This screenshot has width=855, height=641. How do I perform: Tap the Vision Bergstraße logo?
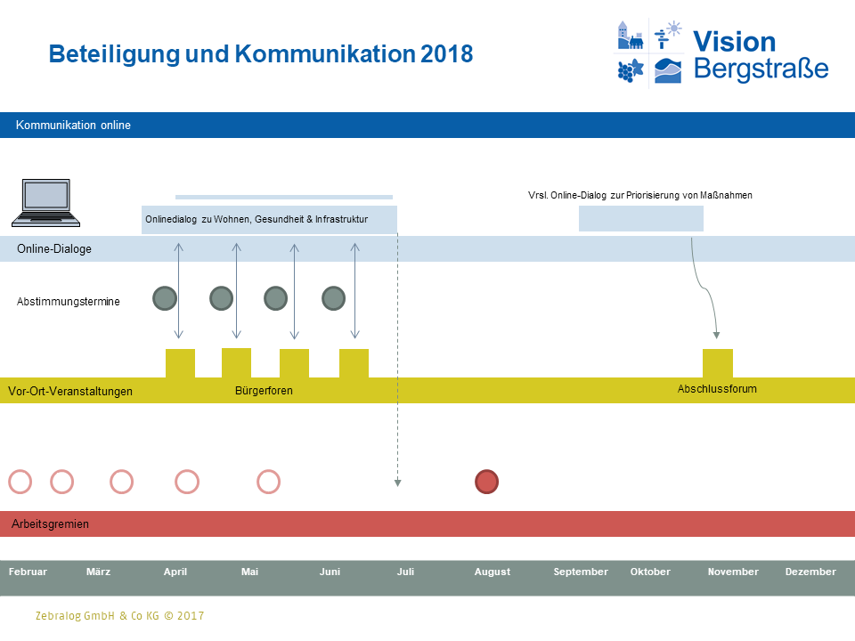coord(722,53)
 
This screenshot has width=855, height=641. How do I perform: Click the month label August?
coord(493,572)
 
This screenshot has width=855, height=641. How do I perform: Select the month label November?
coord(733,572)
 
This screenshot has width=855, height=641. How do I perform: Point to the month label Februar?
coord(28,572)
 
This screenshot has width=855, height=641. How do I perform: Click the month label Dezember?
coord(810,572)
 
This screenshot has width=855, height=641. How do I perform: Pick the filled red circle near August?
coord(486,482)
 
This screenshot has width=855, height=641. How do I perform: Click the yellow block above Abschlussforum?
coord(718,363)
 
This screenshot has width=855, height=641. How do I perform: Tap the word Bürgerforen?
coord(264,391)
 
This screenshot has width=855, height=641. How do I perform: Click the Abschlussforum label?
coord(717,389)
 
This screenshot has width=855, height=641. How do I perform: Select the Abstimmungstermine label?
coord(69,302)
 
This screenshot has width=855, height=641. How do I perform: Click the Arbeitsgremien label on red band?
coord(51,524)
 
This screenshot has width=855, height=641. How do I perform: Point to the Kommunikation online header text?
coord(73,126)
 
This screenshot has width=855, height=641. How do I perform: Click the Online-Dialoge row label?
coord(54,249)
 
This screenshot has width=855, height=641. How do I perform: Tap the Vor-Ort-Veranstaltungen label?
coord(70,391)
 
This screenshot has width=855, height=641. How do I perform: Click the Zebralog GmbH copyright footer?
coord(119,615)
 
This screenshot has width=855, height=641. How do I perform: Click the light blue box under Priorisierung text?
coord(641,218)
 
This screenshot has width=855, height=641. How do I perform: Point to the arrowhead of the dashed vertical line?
coord(398,483)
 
